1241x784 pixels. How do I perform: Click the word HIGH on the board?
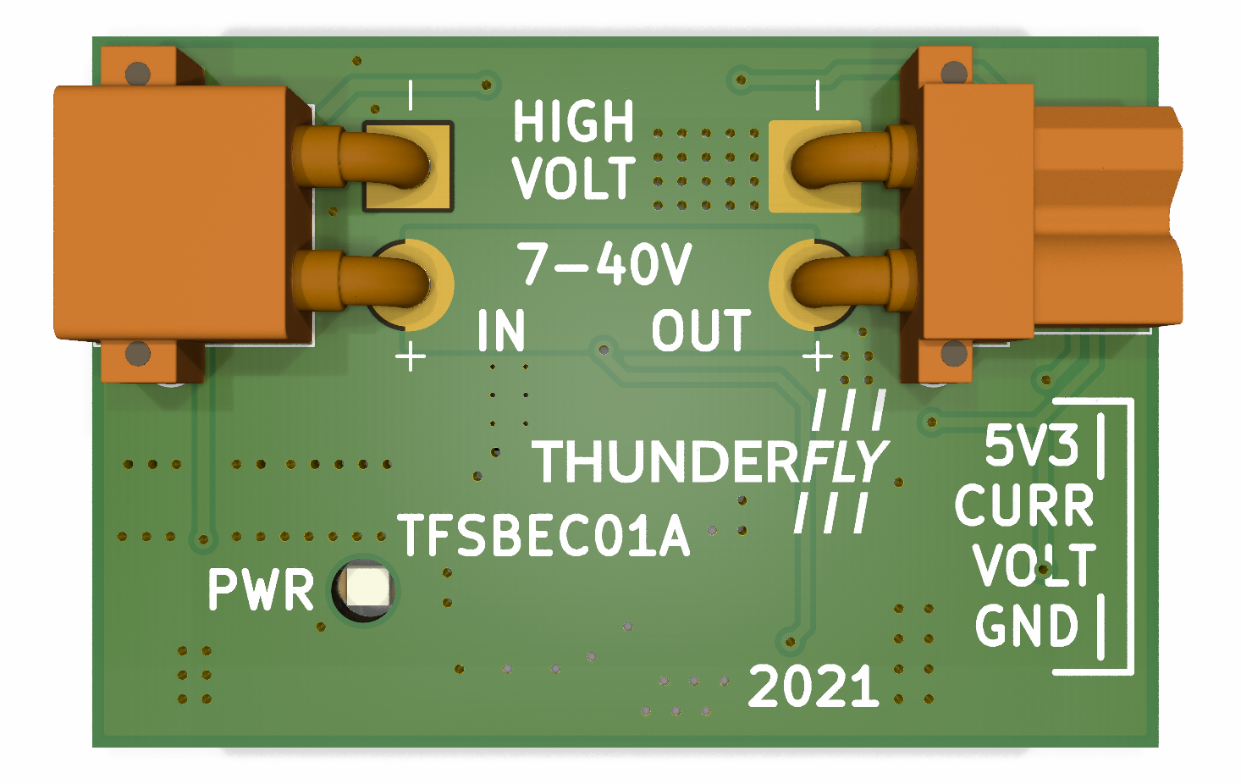coord(573,122)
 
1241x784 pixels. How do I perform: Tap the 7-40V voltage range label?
coord(604,263)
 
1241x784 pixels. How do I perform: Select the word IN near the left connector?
coord(501,330)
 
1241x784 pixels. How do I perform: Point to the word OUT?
coord(701,330)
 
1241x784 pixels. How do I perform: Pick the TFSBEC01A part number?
coord(543,535)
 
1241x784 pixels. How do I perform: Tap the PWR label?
coord(261,590)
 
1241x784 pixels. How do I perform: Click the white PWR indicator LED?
coord(366,588)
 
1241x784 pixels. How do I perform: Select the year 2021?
coord(814,686)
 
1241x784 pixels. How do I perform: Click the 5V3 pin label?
coord(1031,445)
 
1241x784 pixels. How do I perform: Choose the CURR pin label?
coord(1024,506)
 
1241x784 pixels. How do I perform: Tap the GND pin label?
coord(1027,627)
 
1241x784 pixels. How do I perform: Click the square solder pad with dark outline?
coord(409,166)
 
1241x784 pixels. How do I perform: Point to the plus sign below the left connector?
coord(411,356)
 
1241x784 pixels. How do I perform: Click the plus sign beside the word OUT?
coord(818,356)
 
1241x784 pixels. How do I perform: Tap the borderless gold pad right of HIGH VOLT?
coord(813,166)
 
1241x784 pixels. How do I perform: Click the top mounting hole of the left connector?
coord(138,74)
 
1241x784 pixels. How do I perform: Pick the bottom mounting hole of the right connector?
coord(954,353)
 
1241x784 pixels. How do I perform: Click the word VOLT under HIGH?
coord(573,179)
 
